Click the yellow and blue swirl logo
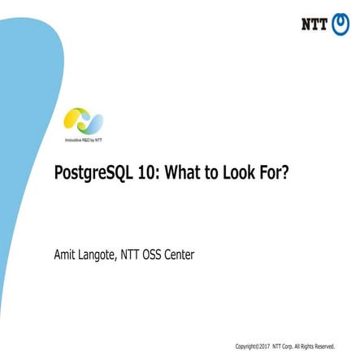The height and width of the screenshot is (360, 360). click(x=83, y=121)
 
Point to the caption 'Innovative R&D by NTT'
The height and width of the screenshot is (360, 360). click(x=83, y=141)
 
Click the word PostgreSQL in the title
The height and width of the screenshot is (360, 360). click(x=90, y=175)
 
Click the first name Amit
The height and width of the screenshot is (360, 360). click(x=66, y=255)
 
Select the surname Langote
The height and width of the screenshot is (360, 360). click(x=101, y=256)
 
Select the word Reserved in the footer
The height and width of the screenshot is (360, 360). click(x=324, y=346)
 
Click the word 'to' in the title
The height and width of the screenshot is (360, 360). click(x=211, y=174)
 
